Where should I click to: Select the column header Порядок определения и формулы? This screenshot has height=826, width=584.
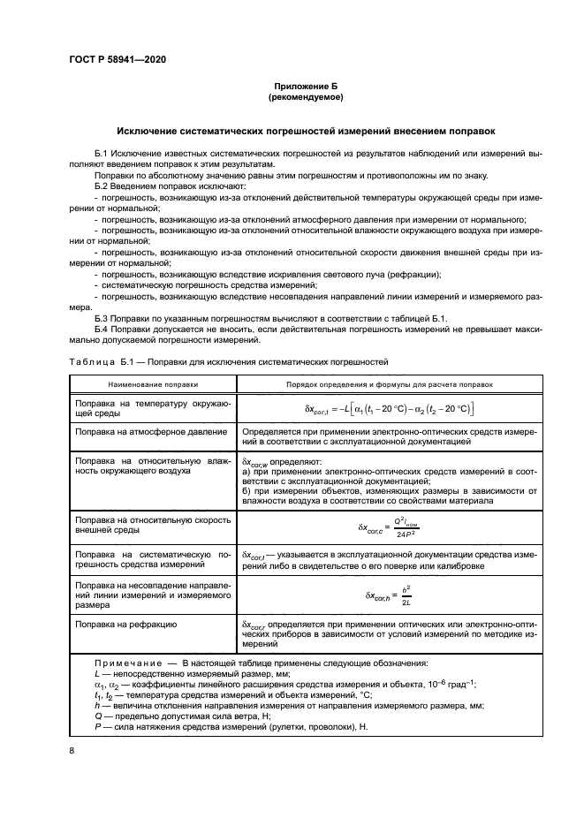click(x=389, y=385)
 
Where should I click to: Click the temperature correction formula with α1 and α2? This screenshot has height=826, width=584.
click(x=389, y=408)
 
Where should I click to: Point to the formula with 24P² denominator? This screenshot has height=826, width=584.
click(x=389, y=527)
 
